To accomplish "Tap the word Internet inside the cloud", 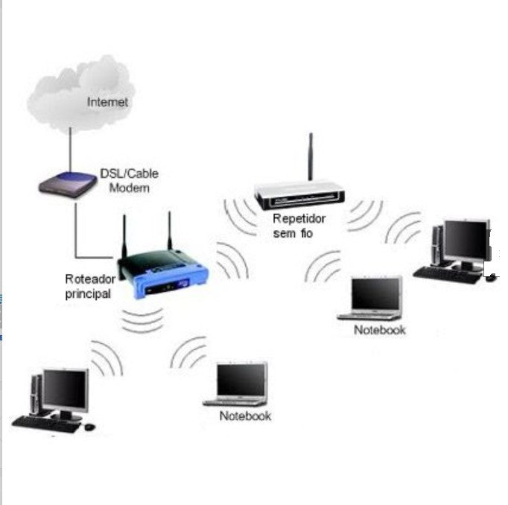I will click(108, 102).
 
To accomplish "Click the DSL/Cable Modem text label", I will click(129, 180).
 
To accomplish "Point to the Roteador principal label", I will click(90, 286).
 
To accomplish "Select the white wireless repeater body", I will click(299, 195).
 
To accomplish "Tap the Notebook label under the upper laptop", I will click(380, 329).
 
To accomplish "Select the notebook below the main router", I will click(239, 384).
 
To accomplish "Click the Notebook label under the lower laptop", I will click(245, 416).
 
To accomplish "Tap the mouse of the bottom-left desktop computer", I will click(89, 427).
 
